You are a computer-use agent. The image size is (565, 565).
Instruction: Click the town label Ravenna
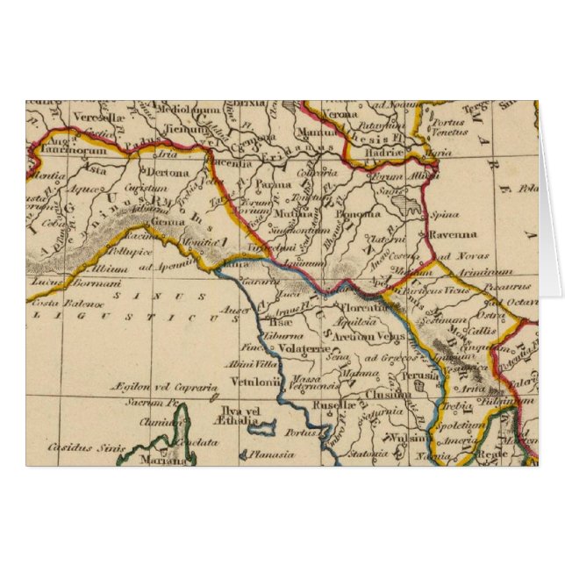click(453, 234)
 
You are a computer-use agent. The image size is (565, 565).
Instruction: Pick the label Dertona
click(168, 174)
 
